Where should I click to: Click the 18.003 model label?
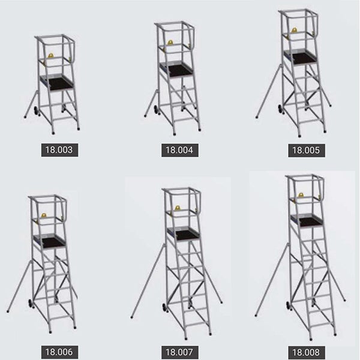pos(59,150)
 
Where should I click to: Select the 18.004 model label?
pos(180,151)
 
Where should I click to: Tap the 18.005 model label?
pos(307,151)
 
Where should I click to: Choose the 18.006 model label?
pos(59,352)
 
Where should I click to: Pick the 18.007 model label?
pos(180,352)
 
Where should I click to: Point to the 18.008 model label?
pos(307,352)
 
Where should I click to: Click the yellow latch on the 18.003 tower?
pos(51,55)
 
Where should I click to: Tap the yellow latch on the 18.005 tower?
pos(294,30)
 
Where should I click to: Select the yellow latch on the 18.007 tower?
pos(177,208)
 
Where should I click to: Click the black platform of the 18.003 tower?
pos(60,83)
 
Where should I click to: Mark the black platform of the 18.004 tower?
pos(180,70)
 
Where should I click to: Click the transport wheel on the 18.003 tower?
pos(37,111)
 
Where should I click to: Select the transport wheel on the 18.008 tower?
pos(289,306)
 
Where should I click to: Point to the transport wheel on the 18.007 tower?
pos(164,308)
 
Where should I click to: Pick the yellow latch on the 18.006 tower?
pos(44,215)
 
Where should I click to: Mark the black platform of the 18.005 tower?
pos(304,58)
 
